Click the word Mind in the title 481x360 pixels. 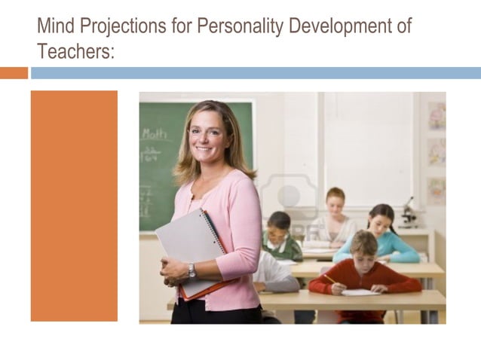pos(55,26)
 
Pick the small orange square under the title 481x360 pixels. pos(14,73)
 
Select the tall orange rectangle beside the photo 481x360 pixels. pos(74,206)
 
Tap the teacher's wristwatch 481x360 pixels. pos(191,270)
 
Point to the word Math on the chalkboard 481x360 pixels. pos(155,134)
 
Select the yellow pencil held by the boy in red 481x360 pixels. pos(330,279)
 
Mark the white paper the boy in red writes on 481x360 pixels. pos(360,292)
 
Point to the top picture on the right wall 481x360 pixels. pos(436,116)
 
